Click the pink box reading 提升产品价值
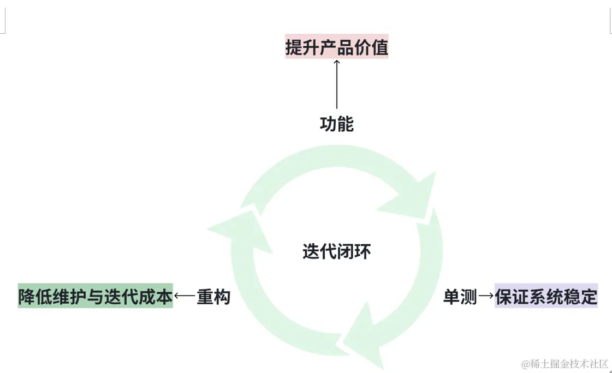[336, 47]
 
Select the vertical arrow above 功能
[336, 84]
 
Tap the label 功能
[336, 124]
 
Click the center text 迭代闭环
[336, 251]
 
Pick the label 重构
[213, 297]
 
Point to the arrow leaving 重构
[185, 297]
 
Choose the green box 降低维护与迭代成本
[96, 297]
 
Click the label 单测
[460, 297]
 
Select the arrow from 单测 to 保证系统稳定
[486, 297]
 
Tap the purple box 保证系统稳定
[546, 297]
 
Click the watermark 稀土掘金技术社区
[565, 364]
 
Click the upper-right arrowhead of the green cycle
[412, 194]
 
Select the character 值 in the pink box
[379, 47]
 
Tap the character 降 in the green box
[27, 297]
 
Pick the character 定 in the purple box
[589, 297]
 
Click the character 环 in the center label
[363, 251]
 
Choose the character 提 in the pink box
[294, 47]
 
